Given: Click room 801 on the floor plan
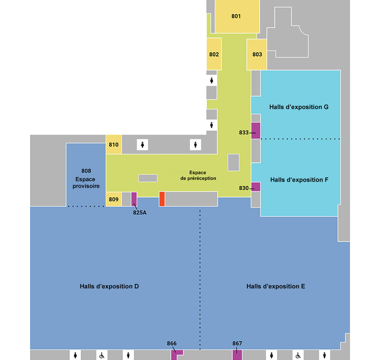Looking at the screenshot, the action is click(x=237, y=16).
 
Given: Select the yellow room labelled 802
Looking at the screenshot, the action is click(x=214, y=54).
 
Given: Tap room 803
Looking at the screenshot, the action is click(x=257, y=55).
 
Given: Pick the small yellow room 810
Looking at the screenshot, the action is click(x=114, y=144).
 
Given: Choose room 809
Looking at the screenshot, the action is click(x=114, y=199).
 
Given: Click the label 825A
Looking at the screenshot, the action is click(x=140, y=212).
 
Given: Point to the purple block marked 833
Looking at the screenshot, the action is click(x=256, y=131).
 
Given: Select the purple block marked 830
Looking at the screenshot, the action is click(x=256, y=187).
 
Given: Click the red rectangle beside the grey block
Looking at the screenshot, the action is click(x=162, y=199).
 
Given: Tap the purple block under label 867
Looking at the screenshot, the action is click(x=237, y=355).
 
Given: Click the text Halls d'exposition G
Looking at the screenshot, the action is click(x=299, y=107).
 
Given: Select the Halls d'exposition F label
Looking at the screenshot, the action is click(x=299, y=180).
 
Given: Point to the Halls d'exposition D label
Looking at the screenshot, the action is click(x=109, y=286).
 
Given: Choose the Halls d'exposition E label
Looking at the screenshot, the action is click(x=276, y=286).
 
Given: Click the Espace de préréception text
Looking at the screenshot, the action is click(x=198, y=175).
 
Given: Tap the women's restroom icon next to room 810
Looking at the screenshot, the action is click(x=142, y=145).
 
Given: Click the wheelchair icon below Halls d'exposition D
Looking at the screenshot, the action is click(x=102, y=356).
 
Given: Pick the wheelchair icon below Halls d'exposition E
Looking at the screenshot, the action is click(x=298, y=356).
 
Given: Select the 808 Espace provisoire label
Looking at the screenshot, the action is click(x=86, y=178).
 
